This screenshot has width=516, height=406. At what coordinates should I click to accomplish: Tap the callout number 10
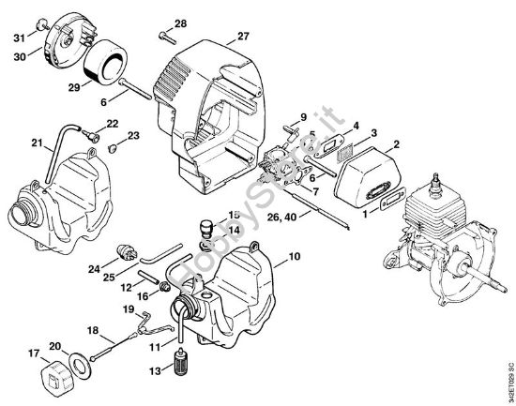coord(294,256)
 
